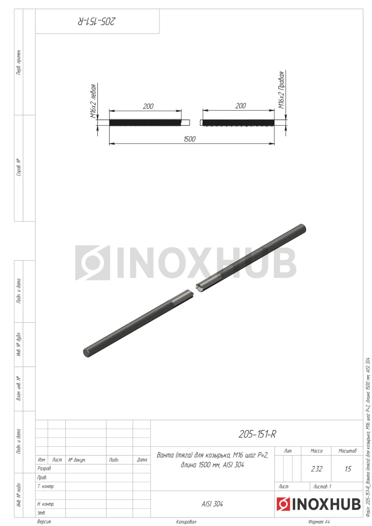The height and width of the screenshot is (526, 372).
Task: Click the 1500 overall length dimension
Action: tap(189, 139)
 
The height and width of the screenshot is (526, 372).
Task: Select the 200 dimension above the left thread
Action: tap(148, 106)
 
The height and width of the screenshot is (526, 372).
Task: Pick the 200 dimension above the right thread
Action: tap(240, 106)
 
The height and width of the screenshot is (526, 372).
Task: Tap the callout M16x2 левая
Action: tap(93, 101)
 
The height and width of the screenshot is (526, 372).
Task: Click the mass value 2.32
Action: tap(317, 469)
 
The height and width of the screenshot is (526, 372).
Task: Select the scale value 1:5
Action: tap(348, 469)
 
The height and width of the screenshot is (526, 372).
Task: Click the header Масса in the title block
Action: tap(317, 451)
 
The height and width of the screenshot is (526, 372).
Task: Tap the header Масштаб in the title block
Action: tap(347, 451)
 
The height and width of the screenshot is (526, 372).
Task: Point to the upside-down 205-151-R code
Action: tap(97, 21)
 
